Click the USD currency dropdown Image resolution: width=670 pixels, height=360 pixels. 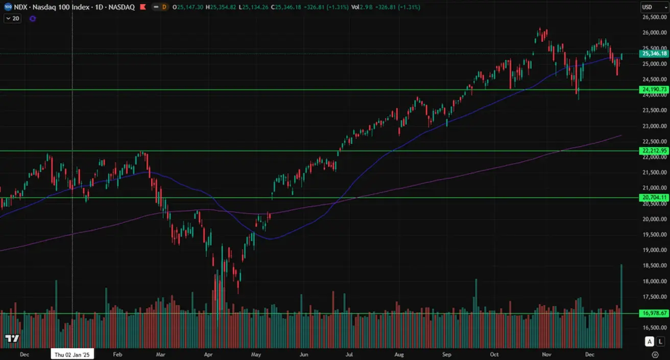pos(654,7)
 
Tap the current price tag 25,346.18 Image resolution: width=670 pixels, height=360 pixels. pos(654,54)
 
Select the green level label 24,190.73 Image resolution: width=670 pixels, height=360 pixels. pos(654,89)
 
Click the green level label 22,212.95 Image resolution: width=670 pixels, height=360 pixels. pos(654,151)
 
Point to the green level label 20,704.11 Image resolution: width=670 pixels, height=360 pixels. pos(654,198)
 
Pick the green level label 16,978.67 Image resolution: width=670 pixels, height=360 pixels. pos(654,313)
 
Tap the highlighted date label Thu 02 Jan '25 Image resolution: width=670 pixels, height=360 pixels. pos(72,354)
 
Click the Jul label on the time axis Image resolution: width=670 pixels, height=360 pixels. pos(350,354)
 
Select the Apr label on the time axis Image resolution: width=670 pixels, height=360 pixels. pos(208,354)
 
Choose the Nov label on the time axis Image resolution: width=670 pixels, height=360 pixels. pos(547,354)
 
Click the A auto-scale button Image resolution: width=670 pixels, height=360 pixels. pos(649,341)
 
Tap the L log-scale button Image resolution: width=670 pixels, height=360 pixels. pos(660,341)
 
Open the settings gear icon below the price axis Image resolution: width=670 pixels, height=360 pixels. pos(655,354)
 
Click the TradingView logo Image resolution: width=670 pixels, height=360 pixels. pos(12,339)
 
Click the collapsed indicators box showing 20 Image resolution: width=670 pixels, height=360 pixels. pos(12,18)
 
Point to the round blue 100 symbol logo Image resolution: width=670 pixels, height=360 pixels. pos(8,7)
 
